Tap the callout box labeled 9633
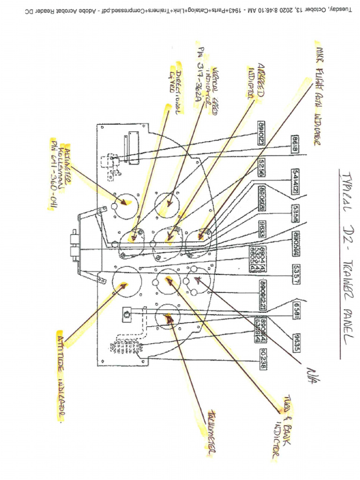tap(262, 233)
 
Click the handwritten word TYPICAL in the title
tap(345, 187)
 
